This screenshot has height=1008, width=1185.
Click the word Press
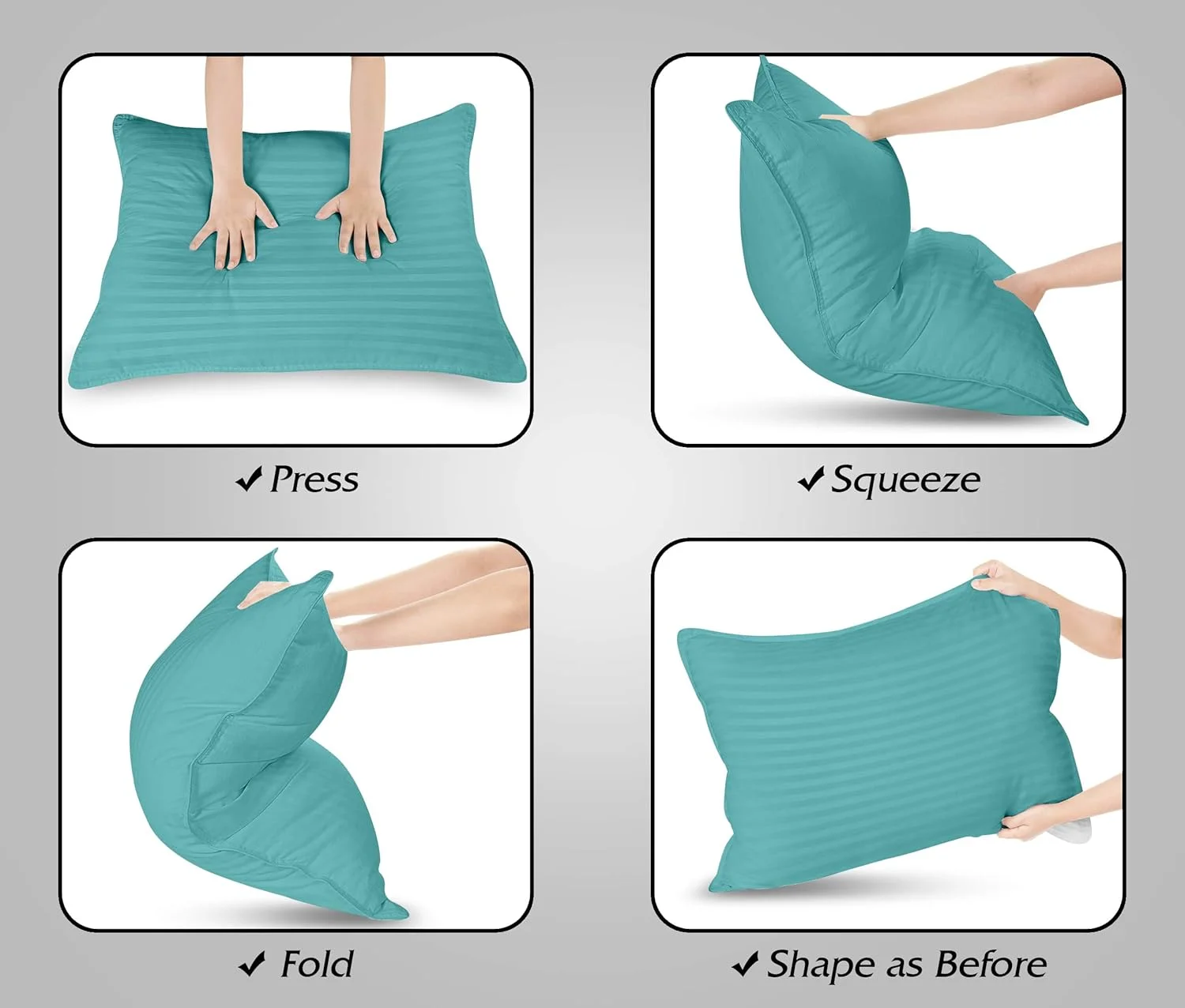pyautogui.click(x=314, y=480)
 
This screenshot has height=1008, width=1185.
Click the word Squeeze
pyautogui.click(x=906, y=480)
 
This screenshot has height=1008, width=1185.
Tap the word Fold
pyautogui.click(x=317, y=965)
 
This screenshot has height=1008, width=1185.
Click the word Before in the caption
pyautogui.click(x=991, y=965)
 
